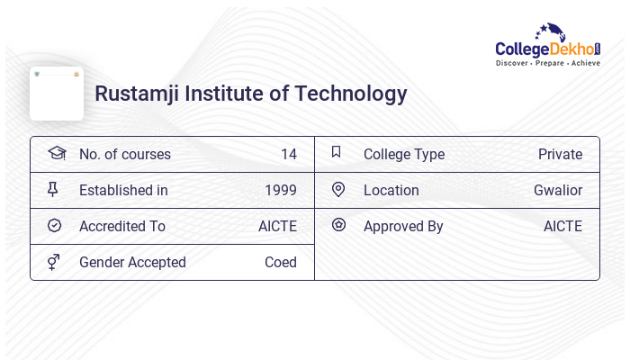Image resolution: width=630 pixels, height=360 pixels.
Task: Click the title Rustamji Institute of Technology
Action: tap(251, 94)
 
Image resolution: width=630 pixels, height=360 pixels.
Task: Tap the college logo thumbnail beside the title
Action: tap(57, 94)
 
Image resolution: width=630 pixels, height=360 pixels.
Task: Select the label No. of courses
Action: tap(125, 155)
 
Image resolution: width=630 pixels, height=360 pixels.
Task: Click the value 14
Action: tap(288, 155)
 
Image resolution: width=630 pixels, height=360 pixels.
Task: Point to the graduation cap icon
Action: tap(57, 153)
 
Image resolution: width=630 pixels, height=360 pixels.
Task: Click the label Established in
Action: tap(123, 191)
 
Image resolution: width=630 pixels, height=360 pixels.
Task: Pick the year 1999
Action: tap(281, 191)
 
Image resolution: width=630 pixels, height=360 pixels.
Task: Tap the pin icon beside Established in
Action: tap(53, 190)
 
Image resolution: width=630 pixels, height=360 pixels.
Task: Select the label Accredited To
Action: tap(122, 227)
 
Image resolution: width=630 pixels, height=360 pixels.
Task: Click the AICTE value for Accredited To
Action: tap(277, 227)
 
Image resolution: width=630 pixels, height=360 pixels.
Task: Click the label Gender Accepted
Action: tap(132, 263)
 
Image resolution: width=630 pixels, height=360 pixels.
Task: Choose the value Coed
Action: tap(281, 263)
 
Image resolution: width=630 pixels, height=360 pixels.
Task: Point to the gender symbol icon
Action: tap(53, 262)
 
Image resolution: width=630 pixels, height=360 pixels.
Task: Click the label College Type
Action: tap(404, 155)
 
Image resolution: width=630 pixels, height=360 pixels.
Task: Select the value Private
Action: tap(560, 155)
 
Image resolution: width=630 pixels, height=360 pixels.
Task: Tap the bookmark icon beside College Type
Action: tap(337, 152)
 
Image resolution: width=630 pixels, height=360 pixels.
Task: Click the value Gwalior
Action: tap(558, 191)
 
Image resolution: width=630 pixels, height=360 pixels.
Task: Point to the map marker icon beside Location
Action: tap(338, 190)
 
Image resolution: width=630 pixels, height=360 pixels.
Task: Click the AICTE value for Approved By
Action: tap(562, 227)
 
